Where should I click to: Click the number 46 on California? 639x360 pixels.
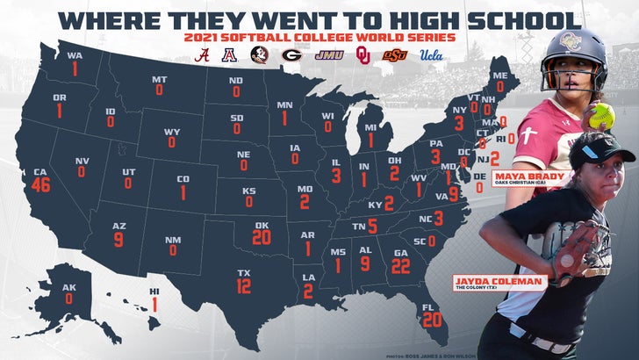tap(39, 184)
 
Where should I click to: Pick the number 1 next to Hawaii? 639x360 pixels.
tap(155, 305)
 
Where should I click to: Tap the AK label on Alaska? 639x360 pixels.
tap(68, 285)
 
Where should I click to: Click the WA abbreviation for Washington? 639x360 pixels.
tap(75, 55)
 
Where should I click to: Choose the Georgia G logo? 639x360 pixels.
tap(289, 54)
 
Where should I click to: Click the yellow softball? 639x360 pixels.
tap(600, 115)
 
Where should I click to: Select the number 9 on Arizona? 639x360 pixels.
tap(119, 238)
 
